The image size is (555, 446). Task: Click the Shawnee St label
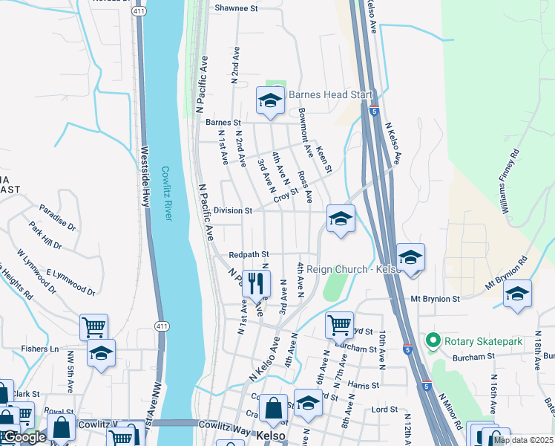click(235, 9)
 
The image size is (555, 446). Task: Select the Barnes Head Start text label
click(330, 95)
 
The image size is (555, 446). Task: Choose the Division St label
click(232, 211)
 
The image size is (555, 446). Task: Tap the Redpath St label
click(248, 254)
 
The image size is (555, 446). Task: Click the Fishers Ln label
click(44, 349)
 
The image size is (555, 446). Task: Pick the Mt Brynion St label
click(436, 298)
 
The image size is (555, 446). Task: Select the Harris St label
click(363, 386)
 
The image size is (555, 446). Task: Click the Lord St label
click(385, 410)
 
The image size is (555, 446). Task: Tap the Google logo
click(24, 438)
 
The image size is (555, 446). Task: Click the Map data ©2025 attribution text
click(523, 440)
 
